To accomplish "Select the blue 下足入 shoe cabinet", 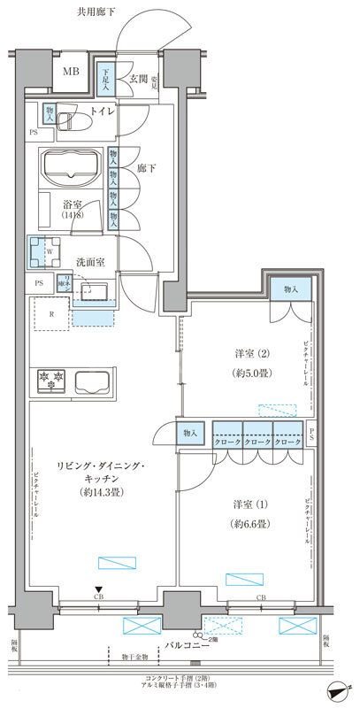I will click(x=105, y=81).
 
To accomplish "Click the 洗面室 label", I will click(x=88, y=263).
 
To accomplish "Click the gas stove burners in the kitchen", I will click(x=50, y=380).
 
